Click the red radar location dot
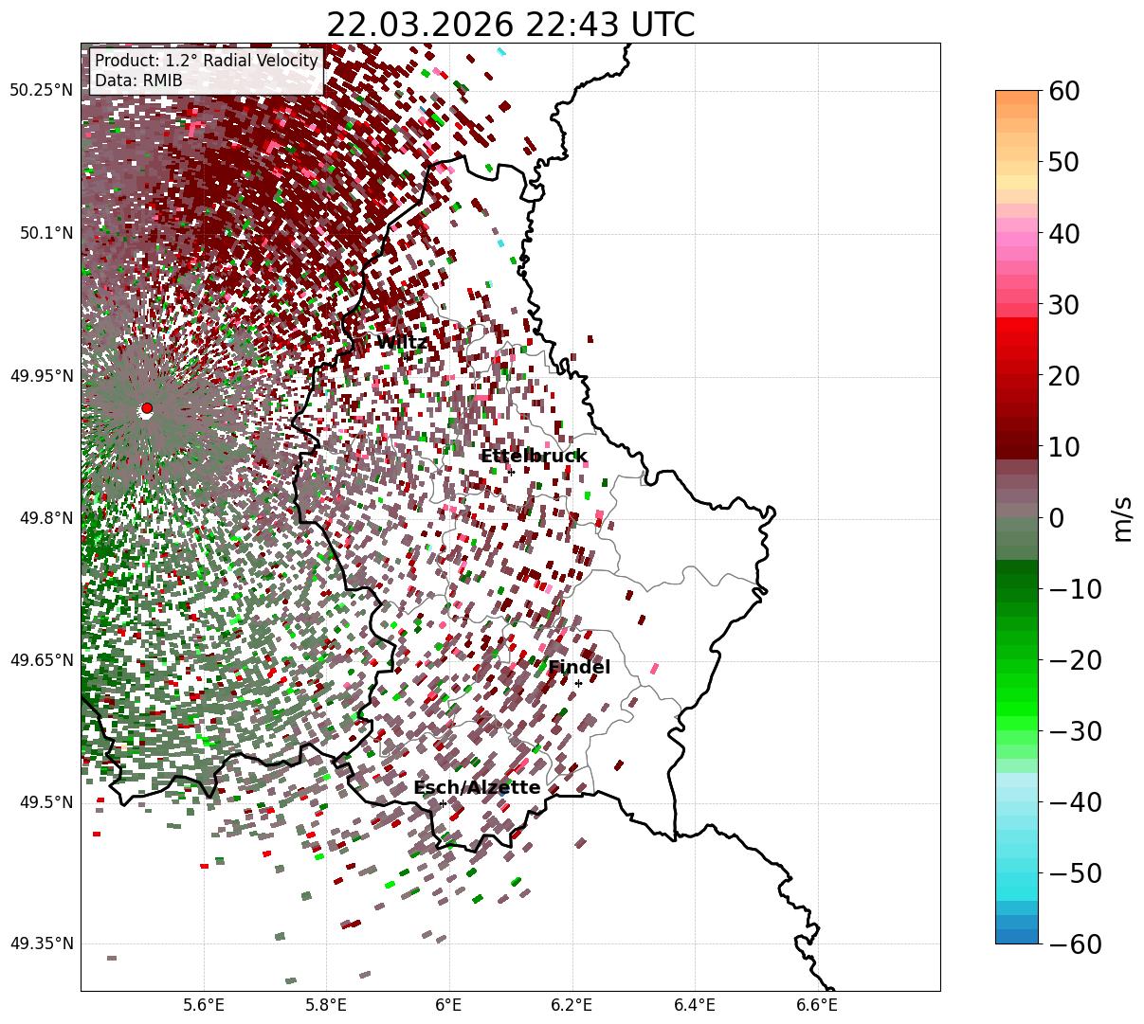(x=147, y=408)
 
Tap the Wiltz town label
(x=401, y=342)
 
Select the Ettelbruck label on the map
(x=534, y=457)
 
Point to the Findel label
(x=579, y=668)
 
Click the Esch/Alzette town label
(x=477, y=788)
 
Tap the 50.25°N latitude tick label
(x=41, y=91)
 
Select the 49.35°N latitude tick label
(x=41, y=943)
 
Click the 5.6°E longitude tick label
(x=204, y=1004)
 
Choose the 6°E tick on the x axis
(x=448, y=1004)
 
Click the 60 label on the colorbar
(x=1065, y=91)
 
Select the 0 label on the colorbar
(x=1056, y=518)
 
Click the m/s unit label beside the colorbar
(x=1122, y=518)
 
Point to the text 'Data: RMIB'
(x=138, y=81)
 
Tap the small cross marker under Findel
(x=578, y=683)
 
